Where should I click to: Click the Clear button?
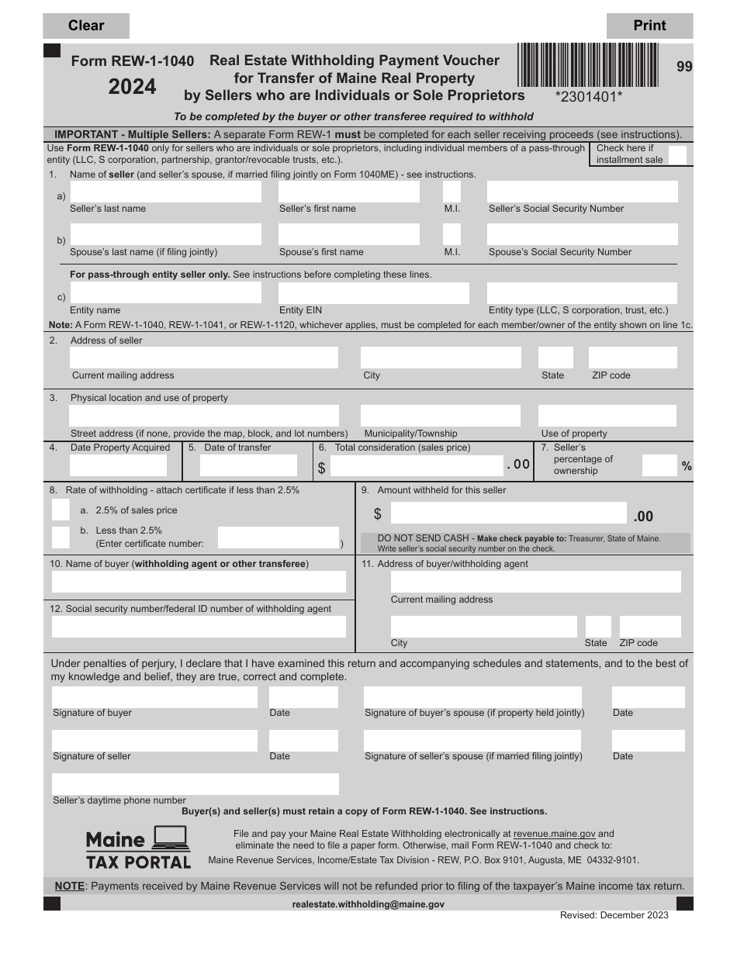[x=86, y=26]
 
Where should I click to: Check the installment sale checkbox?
[x=677, y=154]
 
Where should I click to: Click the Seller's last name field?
[x=165, y=192]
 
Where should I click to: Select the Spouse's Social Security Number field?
[x=582, y=235]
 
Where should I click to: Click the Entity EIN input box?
[x=373, y=293]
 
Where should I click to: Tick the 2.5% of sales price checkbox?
[x=61, y=510]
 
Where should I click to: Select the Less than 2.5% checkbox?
[x=61, y=537]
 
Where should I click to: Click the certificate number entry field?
[x=278, y=537]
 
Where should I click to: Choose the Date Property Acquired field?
[x=118, y=465]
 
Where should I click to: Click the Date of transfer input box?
[x=248, y=465]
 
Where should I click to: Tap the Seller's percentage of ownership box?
[x=659, y=465]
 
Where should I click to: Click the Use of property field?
[x=607, y=416]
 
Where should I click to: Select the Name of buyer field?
[x=199, y=582]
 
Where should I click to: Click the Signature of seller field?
[x=154, y=741]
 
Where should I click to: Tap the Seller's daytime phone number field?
[x=195, y=784]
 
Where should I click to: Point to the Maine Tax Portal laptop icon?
[x=171, y=838]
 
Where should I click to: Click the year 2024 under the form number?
[x=133, y=87]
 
